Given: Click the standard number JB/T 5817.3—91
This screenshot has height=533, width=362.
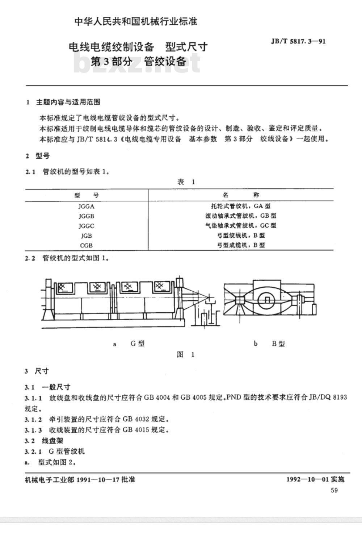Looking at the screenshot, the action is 298,41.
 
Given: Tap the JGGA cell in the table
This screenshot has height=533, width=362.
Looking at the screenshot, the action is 86,206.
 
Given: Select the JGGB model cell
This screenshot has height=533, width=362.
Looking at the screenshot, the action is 86,216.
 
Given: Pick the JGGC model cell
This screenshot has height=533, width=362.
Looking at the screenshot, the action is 86,226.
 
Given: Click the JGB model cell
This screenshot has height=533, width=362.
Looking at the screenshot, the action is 86,236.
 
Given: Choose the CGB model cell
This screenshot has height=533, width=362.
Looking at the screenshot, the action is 86,245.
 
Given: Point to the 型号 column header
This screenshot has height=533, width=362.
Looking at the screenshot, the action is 87,195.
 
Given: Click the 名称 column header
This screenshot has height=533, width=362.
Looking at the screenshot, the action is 241,195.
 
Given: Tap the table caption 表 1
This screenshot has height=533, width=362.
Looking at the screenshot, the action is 186,182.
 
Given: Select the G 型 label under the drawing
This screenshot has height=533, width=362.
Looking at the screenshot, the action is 138,343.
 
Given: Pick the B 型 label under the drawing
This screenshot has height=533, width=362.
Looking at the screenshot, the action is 278,343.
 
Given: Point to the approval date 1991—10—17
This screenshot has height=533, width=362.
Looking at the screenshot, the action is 98,479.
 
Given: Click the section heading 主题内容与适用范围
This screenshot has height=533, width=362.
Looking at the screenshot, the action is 68,102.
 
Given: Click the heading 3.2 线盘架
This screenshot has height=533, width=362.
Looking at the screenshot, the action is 44,441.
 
